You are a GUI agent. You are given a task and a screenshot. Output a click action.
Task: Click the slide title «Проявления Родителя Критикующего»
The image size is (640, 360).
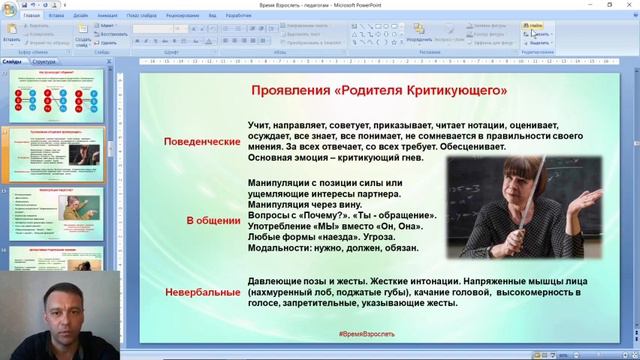[379, 91]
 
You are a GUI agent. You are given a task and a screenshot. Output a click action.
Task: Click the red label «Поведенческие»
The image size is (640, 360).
[203, 142]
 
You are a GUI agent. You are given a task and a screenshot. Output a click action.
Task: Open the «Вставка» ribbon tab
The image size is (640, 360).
[56, 17]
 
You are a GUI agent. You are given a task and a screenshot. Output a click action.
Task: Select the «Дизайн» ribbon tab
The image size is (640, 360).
[80, 17]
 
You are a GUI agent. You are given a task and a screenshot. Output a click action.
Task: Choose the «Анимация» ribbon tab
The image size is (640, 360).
[107, 17]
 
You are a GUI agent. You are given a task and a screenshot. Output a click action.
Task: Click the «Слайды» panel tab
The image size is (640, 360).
[13, 62]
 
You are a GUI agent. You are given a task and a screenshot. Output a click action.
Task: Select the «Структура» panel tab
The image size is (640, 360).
[44, 62]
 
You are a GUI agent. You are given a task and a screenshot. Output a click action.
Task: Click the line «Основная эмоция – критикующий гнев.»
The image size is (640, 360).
[336, 158]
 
